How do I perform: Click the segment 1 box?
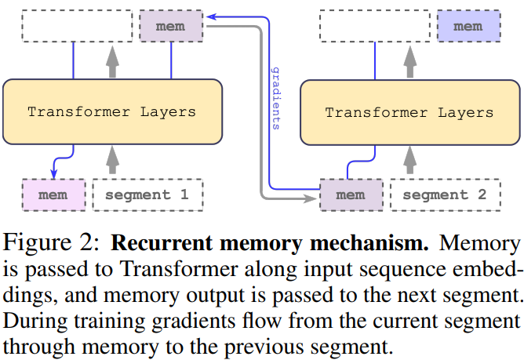tap(147, 195)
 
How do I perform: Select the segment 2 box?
tap(446, 195)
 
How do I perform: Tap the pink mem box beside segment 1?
tap(54, 195)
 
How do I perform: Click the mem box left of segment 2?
tap(351, 195)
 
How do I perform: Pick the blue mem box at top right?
tap(469, 26)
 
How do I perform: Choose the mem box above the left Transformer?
tap(171, 26)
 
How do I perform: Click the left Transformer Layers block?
tap(113, 111)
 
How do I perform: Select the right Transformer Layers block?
tap(410, 112)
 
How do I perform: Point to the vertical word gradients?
tap(276, 98)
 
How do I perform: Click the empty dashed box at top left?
tap(77, 26)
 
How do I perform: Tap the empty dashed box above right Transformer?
tap(375, 26)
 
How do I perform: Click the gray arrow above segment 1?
tap(113, 160)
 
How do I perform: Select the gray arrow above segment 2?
tap(410, 160)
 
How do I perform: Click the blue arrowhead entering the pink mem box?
tap(53, 174)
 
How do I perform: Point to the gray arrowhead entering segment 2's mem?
tap(310, 199)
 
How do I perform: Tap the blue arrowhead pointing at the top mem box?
tap(212, 16)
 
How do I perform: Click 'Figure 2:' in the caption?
tap(51, 242)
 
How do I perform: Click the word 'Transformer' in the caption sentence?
tap(179, 269)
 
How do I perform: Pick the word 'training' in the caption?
tap(110, 322)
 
